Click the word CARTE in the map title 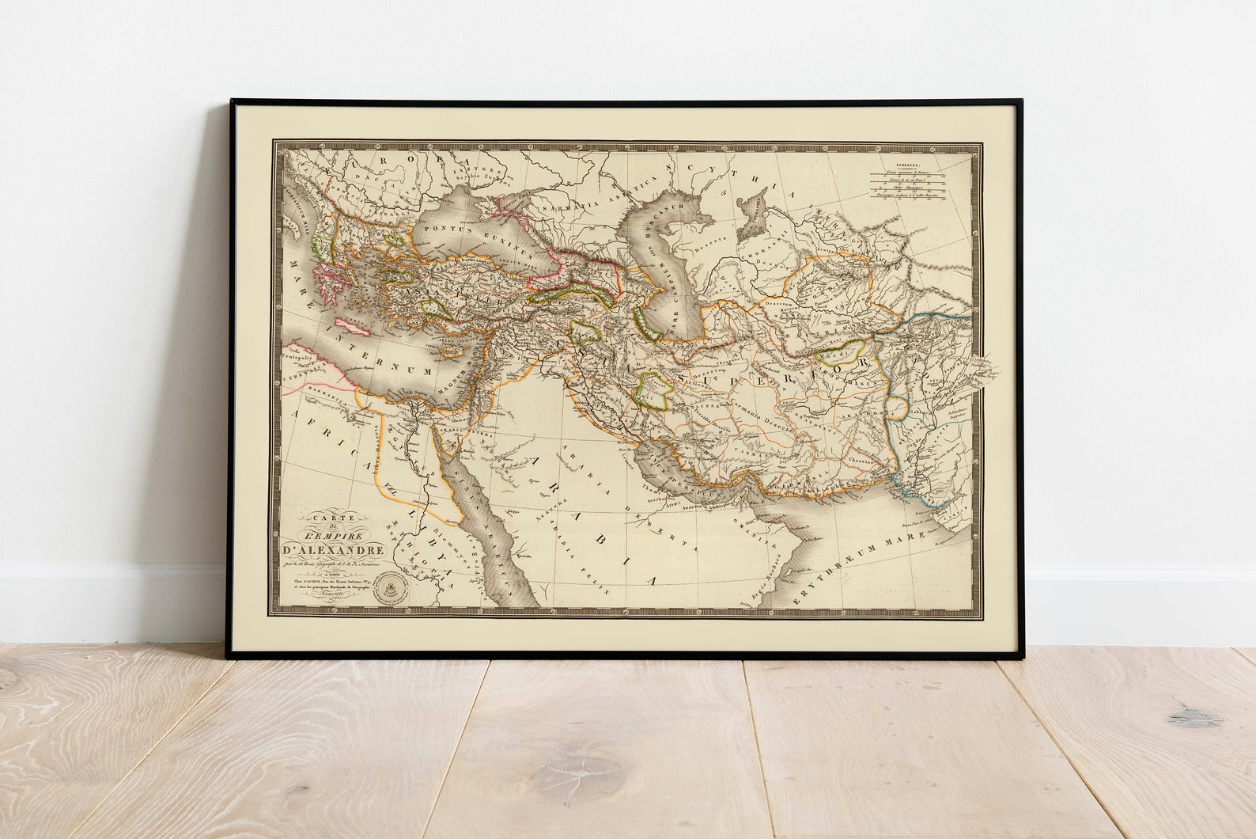pos(326,518)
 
